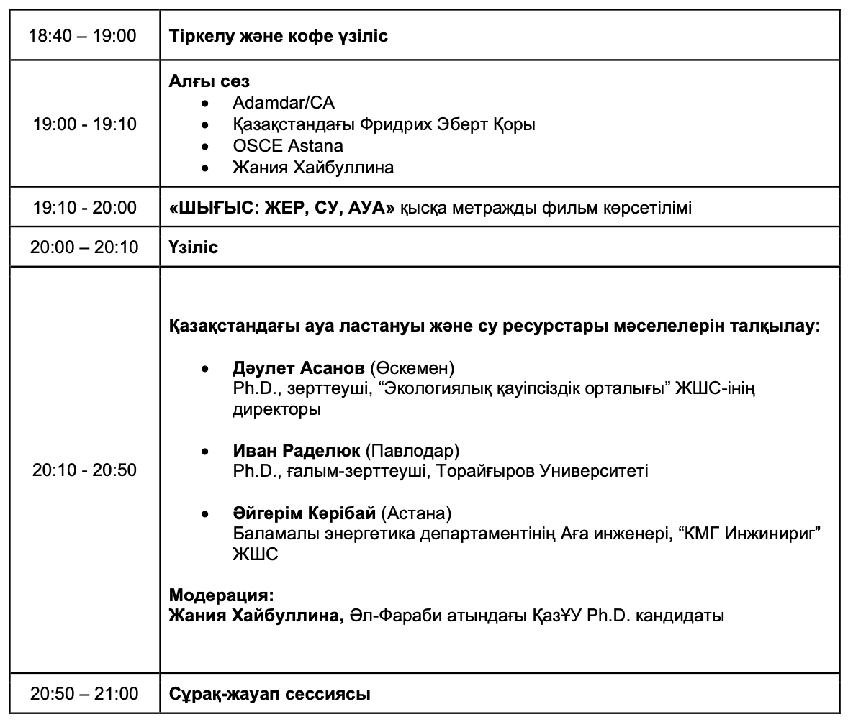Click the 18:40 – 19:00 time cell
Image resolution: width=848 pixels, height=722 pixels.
pos(83,35)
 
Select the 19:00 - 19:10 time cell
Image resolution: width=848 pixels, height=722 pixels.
pos(85,124)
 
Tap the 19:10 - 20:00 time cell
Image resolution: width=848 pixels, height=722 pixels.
pos(85,208)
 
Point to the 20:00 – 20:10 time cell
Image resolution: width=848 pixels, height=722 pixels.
pos(84,247)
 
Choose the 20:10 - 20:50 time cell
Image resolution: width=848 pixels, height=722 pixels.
pos(85,470)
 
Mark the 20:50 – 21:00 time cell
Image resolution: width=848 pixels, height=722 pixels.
pos(84,694)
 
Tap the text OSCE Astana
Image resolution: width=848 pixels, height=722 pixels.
pos(288,146)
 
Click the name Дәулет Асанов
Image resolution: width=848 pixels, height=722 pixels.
pos(299,368)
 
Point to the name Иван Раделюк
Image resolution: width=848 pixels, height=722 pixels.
pos(297,451)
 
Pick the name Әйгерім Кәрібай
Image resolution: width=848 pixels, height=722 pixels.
pos(305,513)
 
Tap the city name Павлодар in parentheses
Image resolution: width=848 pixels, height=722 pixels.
pos(412,451)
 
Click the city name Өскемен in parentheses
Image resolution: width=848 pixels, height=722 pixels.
pos(412,368)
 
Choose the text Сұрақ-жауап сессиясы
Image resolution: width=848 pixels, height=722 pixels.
pos(270,694)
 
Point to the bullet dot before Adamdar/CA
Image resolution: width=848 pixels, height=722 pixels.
pos(205,103)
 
